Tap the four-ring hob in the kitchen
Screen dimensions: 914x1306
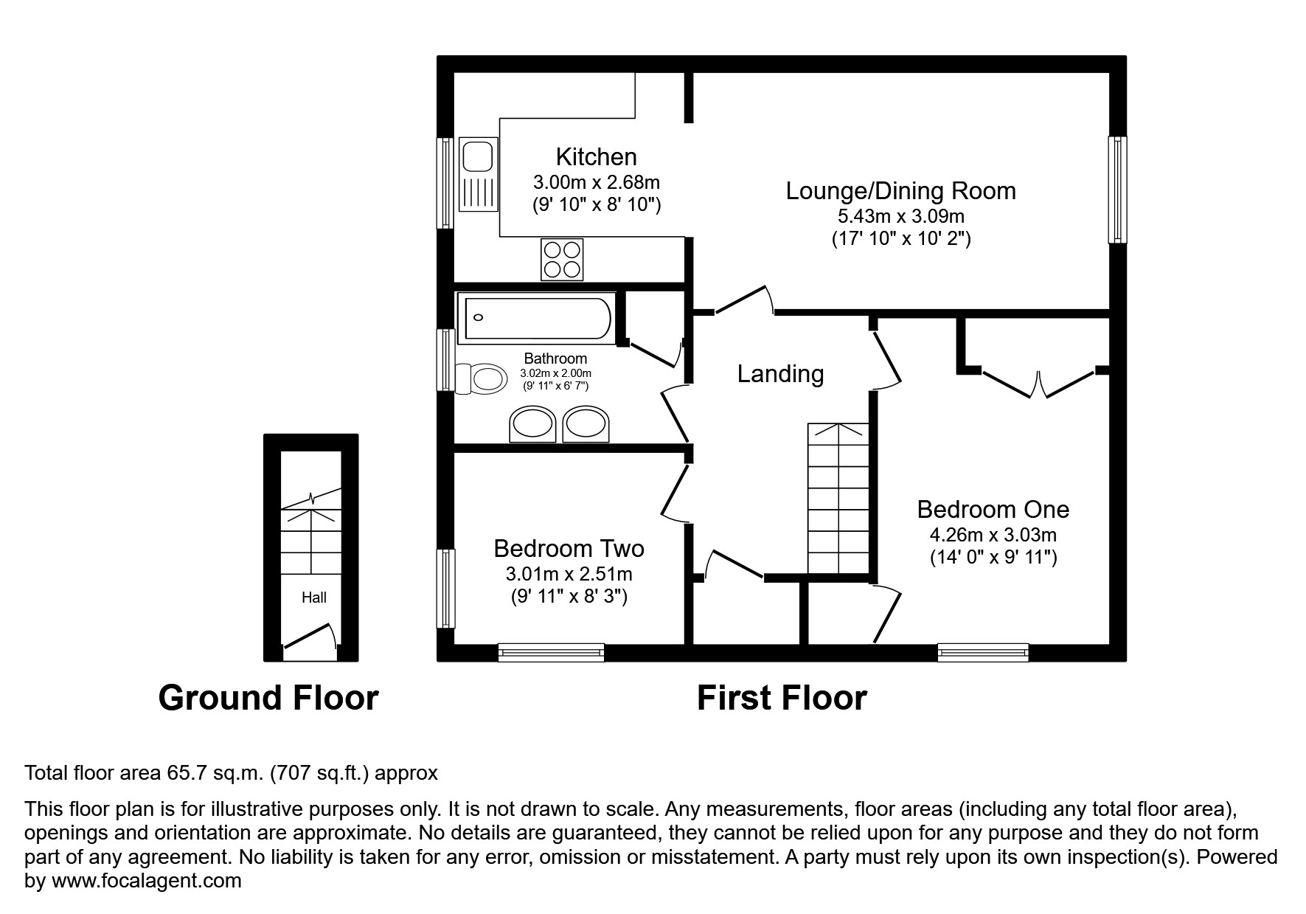[562, 259]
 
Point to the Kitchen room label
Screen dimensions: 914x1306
[596, 157]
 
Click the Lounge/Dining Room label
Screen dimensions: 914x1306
[900, 191]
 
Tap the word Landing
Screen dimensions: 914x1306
[780, 374]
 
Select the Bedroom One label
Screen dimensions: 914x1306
[993, 510]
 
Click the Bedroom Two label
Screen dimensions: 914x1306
[569, 549]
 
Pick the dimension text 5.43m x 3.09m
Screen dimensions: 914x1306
[900, 217]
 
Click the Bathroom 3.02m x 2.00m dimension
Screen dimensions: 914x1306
[555, 374]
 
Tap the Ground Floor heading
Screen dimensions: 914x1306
[268, 698]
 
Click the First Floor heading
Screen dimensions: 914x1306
[781, 698]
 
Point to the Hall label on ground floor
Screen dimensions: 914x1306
[313, 598]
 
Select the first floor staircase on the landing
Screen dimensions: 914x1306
[838, 499]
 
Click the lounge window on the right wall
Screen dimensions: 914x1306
[1117, 190]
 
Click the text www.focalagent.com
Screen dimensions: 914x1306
[146, 881]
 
